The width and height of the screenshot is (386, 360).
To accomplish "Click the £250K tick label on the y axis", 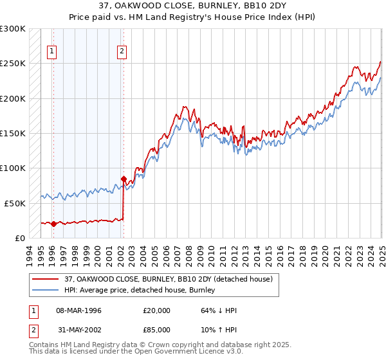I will [13, 64].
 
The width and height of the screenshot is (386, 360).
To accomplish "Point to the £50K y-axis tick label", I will [15, 203].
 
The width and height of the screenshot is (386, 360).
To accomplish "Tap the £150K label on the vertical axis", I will [13, 134].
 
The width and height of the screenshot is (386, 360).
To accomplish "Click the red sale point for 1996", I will [53, 224].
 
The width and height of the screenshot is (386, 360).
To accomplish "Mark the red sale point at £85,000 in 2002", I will [124, 179].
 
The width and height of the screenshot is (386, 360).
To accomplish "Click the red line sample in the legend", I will [45, 279].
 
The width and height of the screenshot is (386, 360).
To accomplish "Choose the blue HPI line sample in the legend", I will [45, 290].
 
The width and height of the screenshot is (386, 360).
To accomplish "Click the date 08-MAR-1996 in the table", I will [78, 310].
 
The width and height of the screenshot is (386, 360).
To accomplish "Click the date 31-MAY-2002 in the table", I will [78, 331].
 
